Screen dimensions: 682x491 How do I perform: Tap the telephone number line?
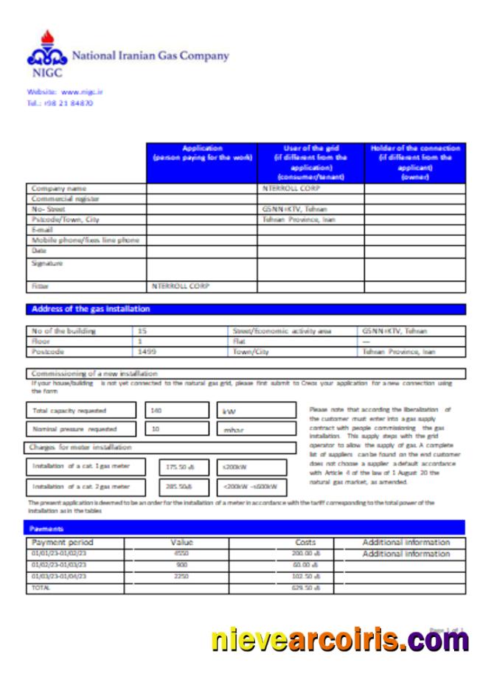click(x=60, y=103)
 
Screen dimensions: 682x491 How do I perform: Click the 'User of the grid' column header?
click(x=310, y=162)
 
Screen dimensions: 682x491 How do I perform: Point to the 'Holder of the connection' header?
click(x=415, y=162)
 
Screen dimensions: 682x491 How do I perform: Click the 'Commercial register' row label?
click(x=66, y=199)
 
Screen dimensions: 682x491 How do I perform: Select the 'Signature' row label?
click(x=48, y=262)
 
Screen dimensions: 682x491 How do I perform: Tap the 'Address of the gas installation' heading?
click(x=91, y=309)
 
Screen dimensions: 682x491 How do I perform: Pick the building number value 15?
click(x=142, y=331)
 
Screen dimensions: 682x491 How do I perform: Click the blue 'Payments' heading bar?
click(x=246, y=528)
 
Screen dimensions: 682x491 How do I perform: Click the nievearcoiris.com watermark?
click(x=339, y=640)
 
